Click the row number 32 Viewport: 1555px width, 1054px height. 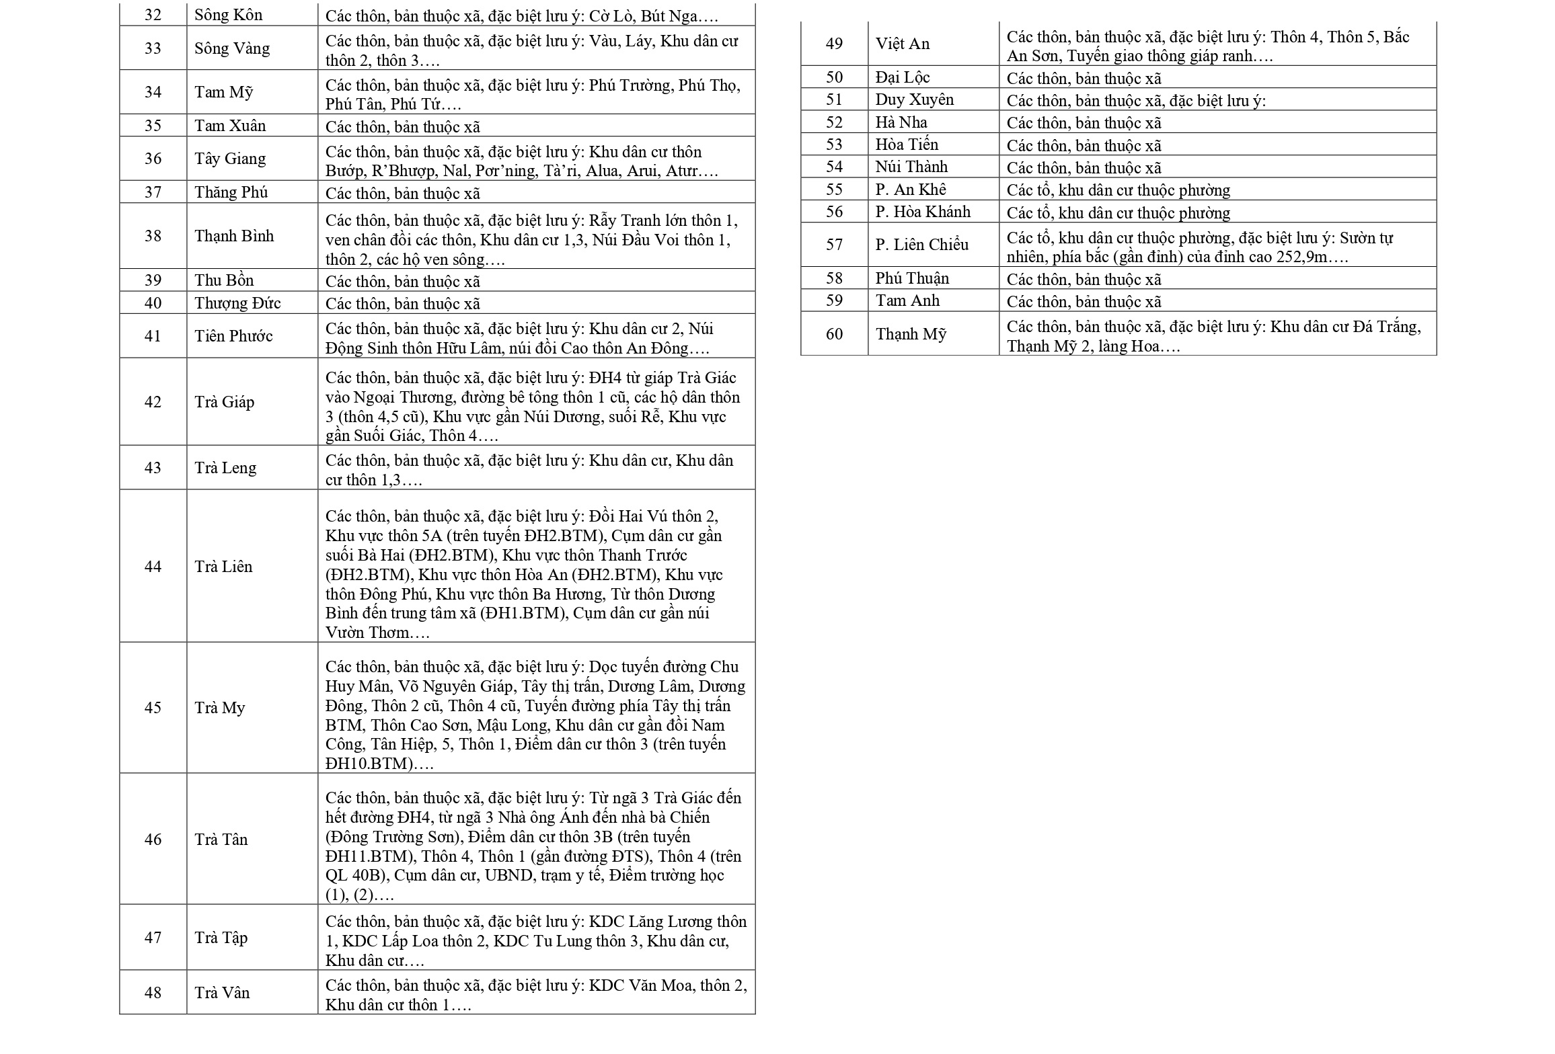pyautogui.click(x=153, y=15)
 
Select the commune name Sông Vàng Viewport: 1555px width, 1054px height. pyautogui.click(x=232, y=48)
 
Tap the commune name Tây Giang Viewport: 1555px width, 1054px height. pyautogui.click(x=230, y=159)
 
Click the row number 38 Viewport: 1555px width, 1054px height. pyautogui.click(x=153, y=236)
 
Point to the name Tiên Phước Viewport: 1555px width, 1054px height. pyautogui.click(x=233, y=336)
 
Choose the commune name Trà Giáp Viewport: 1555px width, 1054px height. pyautogui.click(x=224, y=402)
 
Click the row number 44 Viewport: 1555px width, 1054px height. pyautogui.click(x=153, y=567)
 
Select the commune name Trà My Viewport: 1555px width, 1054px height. pyautogui.click(x=220, y=708)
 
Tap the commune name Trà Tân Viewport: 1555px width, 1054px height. pyautogui.click(x=221, y=840)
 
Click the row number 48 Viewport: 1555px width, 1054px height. pyautogui.click(x=153, y=993)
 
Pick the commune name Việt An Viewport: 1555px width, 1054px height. pyautogui.click(x=903, y=44)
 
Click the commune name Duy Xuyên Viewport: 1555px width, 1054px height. pyautogui.click(x=914, y=99)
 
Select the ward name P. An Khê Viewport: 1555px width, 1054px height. pyautogui.click(x=910, y=190)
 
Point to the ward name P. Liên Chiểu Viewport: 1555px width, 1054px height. pyautogui.click(x=921, y=245)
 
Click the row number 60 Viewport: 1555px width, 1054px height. pyautogui.click(x=834, y=334)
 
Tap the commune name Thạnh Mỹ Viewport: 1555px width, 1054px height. pyautogui.click(x=911, y=334)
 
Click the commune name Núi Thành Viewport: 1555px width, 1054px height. pyautogui.click(x=911, y=167)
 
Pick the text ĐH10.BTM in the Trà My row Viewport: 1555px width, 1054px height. pyautogui.click(x=367, y=764)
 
